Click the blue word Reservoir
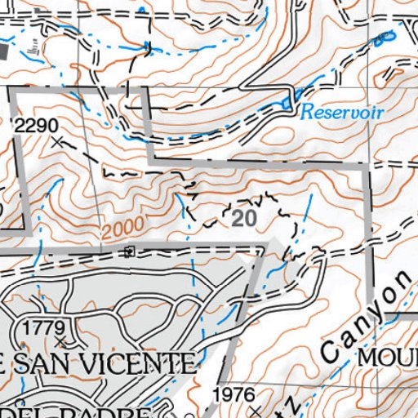[341, 111]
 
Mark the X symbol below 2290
[56, 142]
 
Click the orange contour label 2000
[124, 226]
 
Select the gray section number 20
[243, 218]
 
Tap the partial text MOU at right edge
[389, 357]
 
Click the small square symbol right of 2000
[129, 251]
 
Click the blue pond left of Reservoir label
[285, 104]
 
